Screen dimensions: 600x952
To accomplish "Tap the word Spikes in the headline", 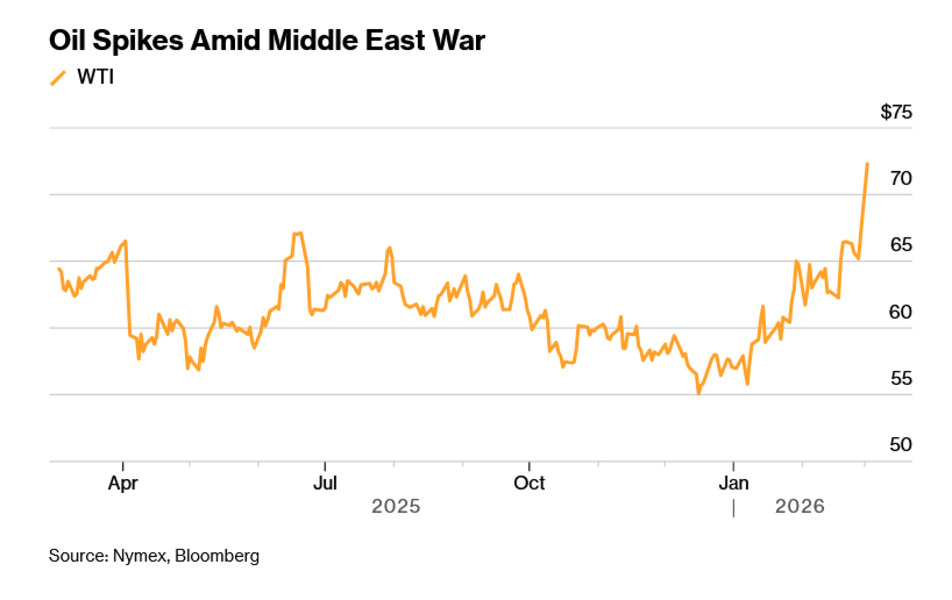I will click(x=138, y=40).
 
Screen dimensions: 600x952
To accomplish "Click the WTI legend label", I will click(x=96, y=77).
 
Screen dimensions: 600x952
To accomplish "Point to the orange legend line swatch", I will click(x=58, y=78).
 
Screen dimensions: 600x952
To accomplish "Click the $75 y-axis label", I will click(x=896, y=112).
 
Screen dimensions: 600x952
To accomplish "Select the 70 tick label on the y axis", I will click(x=901, y=178).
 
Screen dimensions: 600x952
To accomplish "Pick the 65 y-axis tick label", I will click(x=901, y=245).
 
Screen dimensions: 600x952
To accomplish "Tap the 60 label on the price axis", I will click(x=900, y=312).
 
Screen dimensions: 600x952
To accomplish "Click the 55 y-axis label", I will click(x=901, y=379).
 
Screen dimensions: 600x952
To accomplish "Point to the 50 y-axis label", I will click(x=901, y=445).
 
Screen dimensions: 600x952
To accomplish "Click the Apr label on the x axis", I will click(x=123, y=483).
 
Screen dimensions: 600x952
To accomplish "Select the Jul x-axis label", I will click(x=325, y=483).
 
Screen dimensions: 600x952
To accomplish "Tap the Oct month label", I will click(x=529, y=483).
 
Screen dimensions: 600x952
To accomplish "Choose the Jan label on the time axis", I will click(x=734, y=483).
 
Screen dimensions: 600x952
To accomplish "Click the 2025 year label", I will click(x=396, y=506).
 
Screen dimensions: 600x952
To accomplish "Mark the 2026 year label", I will click(x=800, y=506).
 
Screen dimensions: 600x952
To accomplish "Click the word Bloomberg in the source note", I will click(x=217, y=556).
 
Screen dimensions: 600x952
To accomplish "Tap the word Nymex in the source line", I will click(x=140, y=556).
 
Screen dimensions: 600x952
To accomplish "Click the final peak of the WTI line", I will click(x=867, y=164).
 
